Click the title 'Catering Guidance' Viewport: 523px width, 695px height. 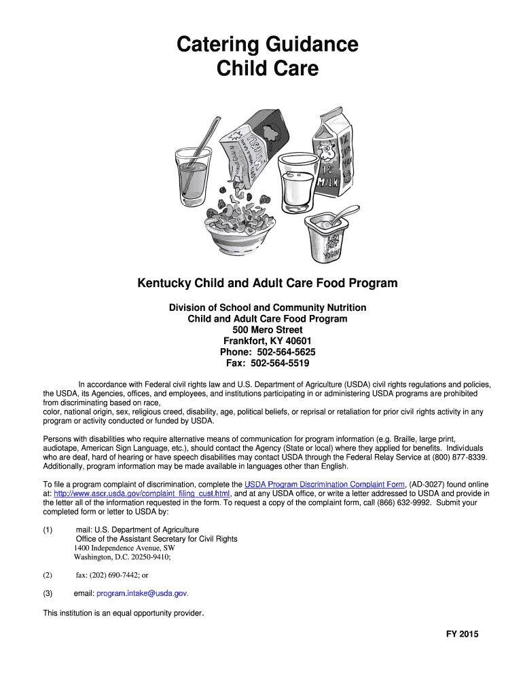click(x=267, y=45)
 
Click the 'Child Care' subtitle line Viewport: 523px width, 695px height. click(x=267, y=69)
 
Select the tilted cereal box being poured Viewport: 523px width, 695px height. click(x=248, y=152)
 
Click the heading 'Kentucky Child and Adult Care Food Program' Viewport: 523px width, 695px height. click(x=267, y=283)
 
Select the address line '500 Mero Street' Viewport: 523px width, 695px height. click(x=267, y=330)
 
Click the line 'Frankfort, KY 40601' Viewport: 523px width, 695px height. click(x=267, y=341)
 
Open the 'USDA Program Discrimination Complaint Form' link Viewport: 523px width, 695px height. click(x=324, y=484)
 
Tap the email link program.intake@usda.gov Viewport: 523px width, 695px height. click(x=141, y=593)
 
